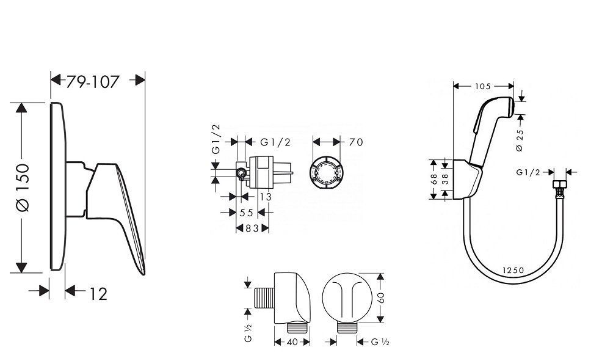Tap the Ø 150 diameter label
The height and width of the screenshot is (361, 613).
point(22,188)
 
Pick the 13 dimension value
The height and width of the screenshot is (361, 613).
point(264,197)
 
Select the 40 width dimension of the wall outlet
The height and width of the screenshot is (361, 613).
point(292,342)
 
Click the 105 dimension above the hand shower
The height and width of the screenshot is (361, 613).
point(482,86)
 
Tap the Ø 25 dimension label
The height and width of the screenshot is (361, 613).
point(519,140)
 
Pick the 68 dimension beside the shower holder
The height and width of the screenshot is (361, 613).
point(434,180)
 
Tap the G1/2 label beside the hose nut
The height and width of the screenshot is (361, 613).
point(529,173)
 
